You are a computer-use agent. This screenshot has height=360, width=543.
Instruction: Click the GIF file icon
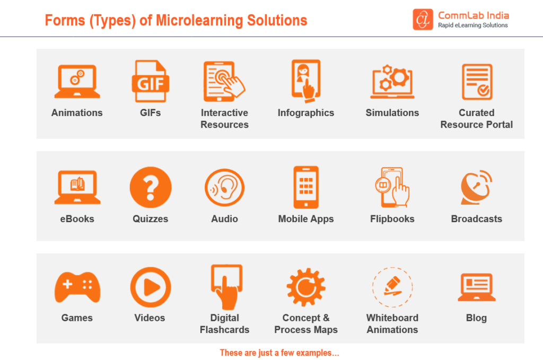point(150,81)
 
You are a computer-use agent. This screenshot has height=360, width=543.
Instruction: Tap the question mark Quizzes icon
point(151,188)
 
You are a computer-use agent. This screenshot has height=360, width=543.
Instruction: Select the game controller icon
point(77,287)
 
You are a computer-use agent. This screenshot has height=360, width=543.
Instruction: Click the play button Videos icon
point(151,287)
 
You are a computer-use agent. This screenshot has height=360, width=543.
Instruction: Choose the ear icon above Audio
point(225,188)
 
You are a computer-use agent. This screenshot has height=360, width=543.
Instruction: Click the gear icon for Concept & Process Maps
point(305,287)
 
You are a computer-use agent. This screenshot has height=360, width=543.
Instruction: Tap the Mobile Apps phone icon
point(306,188)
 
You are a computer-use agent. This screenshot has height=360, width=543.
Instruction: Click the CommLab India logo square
point(423,20)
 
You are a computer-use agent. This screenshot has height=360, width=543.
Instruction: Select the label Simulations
point(392,113)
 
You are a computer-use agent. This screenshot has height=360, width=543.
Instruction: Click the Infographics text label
point(306,113)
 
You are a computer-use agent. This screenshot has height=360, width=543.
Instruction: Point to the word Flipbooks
point(392,219)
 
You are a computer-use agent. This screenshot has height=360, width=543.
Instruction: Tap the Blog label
point(476,318)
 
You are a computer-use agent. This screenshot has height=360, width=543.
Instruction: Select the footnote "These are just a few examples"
point(279,353)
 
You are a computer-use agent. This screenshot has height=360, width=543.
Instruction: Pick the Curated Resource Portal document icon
point(477,82)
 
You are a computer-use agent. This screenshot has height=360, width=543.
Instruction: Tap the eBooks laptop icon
point(77,188)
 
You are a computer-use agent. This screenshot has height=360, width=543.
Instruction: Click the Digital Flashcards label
point(225,323)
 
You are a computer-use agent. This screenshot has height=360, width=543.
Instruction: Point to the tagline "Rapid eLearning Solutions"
point(472,25)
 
